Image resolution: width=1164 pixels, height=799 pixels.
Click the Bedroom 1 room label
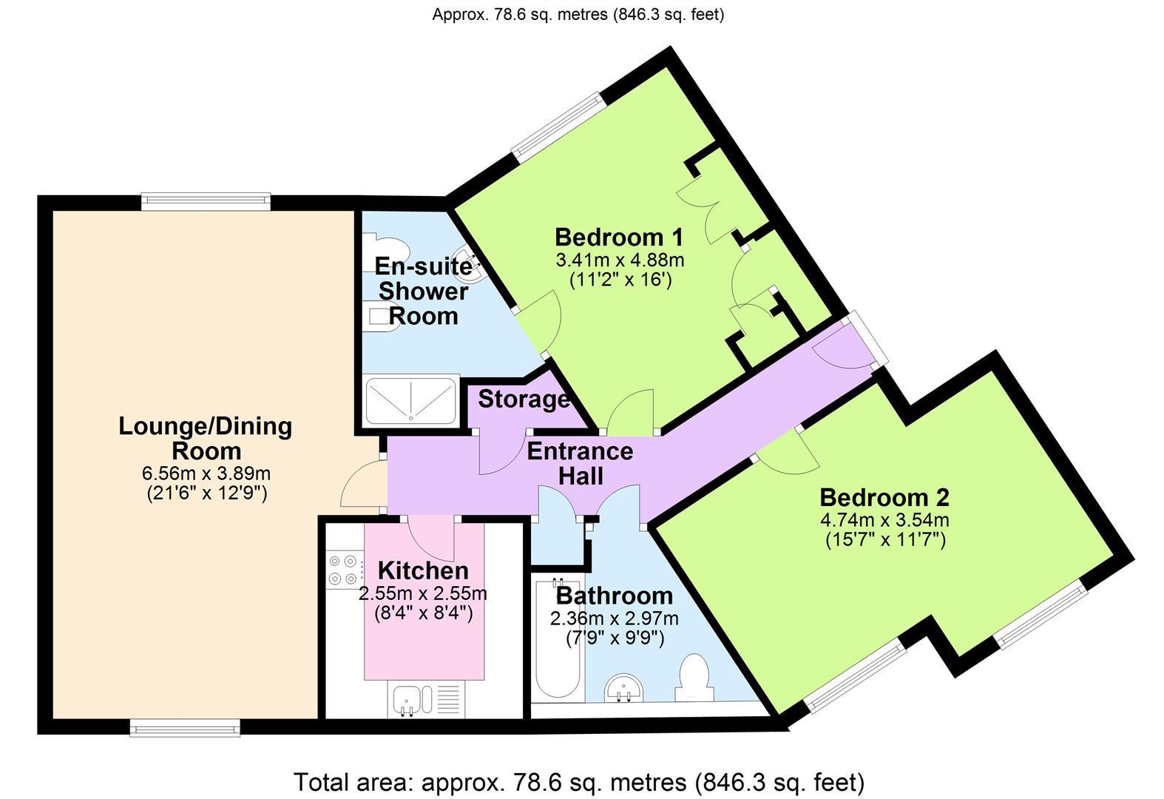coord(618,237)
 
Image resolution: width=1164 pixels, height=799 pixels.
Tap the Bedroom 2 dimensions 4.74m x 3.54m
coord(884,519)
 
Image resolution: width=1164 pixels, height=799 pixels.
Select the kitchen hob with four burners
coord(345,570)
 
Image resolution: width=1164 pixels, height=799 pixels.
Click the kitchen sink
coord(407,700)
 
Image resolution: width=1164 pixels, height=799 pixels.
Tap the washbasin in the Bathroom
coord(625,688)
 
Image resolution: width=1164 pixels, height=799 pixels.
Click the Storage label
coord(524,399)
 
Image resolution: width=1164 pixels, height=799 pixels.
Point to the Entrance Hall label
coord(580,463)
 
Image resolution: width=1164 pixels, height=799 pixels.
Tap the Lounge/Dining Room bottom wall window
coord(185,728)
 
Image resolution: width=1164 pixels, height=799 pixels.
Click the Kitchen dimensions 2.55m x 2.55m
coord(422,593)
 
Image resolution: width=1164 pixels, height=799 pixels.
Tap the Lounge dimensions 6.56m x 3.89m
coord(206,473)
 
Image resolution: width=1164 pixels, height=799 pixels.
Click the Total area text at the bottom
coord(579,782)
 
